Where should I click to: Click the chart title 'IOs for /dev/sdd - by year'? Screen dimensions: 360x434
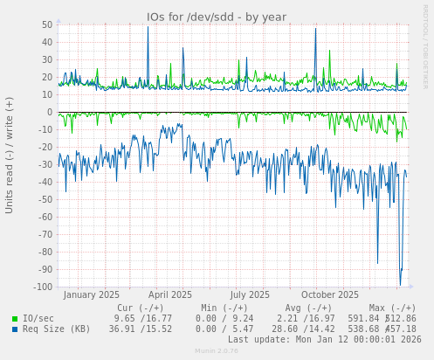click(x=217, y=17)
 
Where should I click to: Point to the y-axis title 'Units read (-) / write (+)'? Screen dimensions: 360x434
click(x=10, y=155)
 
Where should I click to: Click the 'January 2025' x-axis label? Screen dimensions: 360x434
click(x=92, y=295)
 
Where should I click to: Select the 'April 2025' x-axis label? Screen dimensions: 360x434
click(x=170, y=295)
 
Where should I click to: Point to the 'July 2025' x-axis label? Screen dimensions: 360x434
click(x=251, y=295)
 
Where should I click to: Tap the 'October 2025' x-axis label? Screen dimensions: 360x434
click(x=324, y=295)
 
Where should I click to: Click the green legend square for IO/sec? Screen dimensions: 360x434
click(x=15, y=319)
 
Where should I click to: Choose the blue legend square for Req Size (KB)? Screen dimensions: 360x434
click(x=15, y=329)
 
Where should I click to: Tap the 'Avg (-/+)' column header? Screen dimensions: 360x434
click(x=308, y=308)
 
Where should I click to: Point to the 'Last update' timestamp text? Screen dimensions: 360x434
click(x=325, y=340)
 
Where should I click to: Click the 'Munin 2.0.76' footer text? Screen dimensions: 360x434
click(x=217, y=351)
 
